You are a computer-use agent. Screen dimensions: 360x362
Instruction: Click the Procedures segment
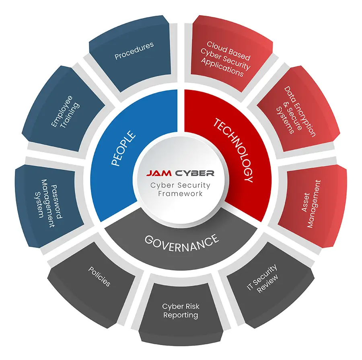pos(134,56)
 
